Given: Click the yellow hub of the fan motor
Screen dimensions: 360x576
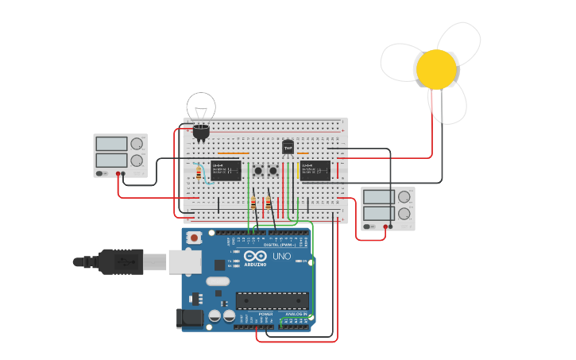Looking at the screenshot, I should tap(436, 69).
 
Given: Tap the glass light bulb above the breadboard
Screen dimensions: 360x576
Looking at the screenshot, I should tap(201, 110).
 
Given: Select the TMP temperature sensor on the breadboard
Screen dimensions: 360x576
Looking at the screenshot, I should tap(288, 147).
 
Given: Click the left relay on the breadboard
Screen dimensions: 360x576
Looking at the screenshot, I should tap(226, 170).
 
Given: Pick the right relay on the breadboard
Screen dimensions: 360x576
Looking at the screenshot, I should tap(315, 170).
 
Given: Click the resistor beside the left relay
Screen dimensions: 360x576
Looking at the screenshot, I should tap(199, 172).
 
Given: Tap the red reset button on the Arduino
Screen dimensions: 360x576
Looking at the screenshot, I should tap(193, 238).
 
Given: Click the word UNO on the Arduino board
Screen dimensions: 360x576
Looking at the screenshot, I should tap(281, 257).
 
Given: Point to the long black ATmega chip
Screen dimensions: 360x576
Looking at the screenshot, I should tap(272, 300).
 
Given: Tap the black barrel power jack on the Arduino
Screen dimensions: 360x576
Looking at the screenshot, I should tap(189, 319).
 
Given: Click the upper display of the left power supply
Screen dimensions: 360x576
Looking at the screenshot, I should tap(111, 144).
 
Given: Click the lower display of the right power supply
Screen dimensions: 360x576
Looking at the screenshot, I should tap(378, 212).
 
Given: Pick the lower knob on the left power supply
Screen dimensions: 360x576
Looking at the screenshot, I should tap(137, 160).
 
